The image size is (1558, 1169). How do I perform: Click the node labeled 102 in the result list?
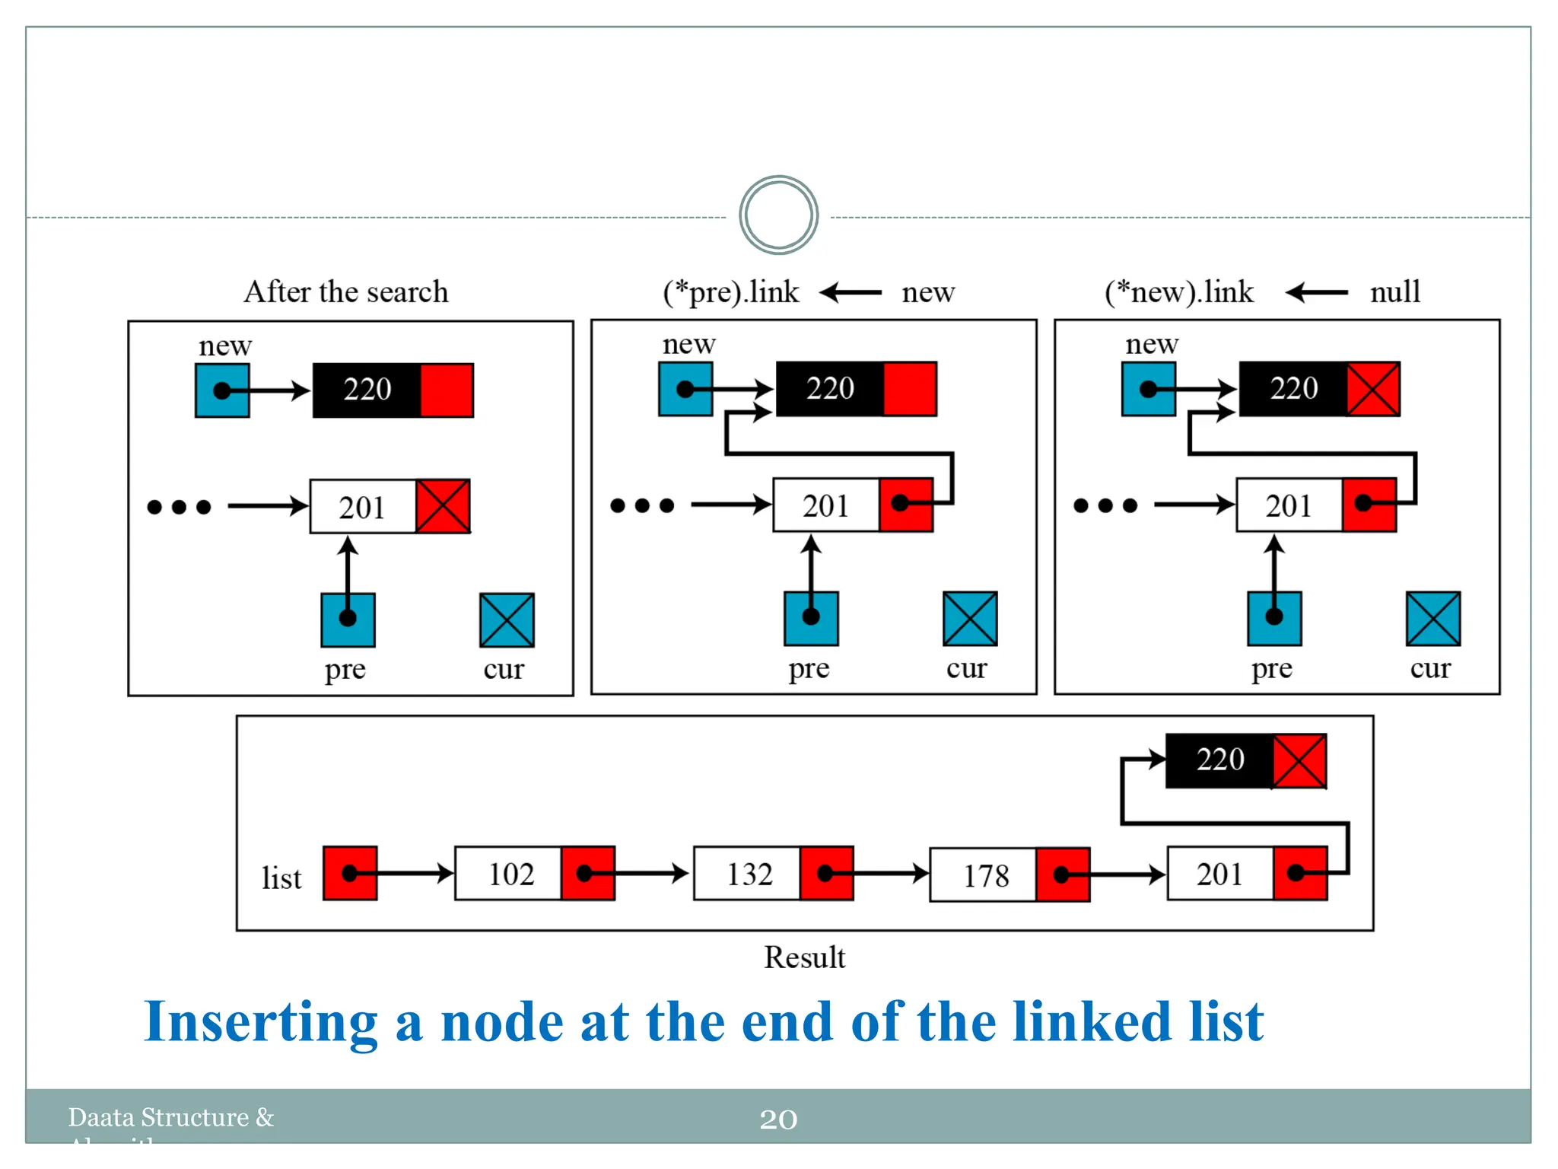point(509,874)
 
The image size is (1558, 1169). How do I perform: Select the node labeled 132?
point(747,874)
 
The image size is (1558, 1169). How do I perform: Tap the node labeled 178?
point(984,875)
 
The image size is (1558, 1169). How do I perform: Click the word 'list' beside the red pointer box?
point(281,878)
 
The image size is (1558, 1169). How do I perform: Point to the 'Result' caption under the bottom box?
point(804,957)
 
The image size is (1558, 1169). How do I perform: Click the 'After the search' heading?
point(346,292)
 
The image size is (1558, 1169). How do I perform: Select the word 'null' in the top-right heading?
point(1394,292)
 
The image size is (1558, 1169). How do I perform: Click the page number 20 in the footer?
point(778,1119)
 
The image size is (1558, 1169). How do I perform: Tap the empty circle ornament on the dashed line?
point(778,215)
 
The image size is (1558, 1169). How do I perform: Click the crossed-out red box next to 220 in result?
point(1299,761)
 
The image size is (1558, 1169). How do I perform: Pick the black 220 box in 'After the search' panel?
point(367,390)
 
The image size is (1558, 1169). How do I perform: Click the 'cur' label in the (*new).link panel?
point(1430,667)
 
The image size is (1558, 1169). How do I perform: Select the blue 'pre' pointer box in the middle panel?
point(811,618)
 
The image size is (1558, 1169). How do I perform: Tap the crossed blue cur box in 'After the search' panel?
point(507,620)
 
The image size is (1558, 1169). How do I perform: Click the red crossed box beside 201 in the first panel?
point(443,506)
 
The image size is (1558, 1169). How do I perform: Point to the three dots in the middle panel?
point(642,505)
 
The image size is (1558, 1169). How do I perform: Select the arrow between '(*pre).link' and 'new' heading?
point(851,292)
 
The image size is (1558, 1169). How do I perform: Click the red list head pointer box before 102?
point(350,874)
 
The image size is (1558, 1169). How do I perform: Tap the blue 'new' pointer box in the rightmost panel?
point(1149,390)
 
